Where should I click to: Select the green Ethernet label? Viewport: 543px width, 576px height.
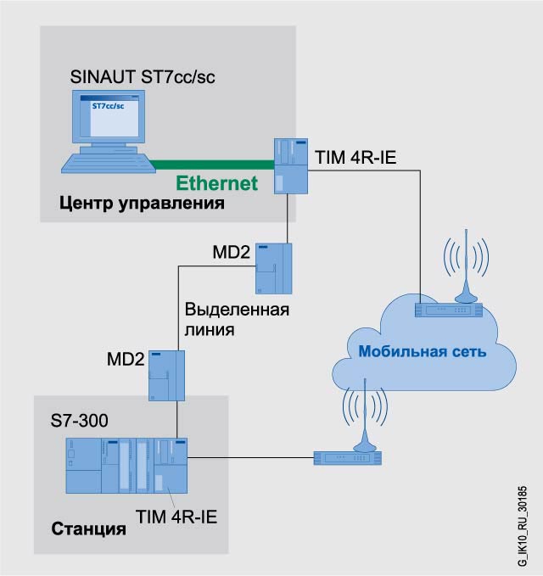tap(216, 182)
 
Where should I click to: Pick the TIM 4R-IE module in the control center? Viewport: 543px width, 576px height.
tap(289, 167)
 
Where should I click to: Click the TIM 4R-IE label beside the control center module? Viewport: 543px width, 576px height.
tap(355, 158)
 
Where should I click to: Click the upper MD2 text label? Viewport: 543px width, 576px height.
tap(231, 252)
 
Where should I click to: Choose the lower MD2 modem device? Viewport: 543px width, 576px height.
tap(166, 376)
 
